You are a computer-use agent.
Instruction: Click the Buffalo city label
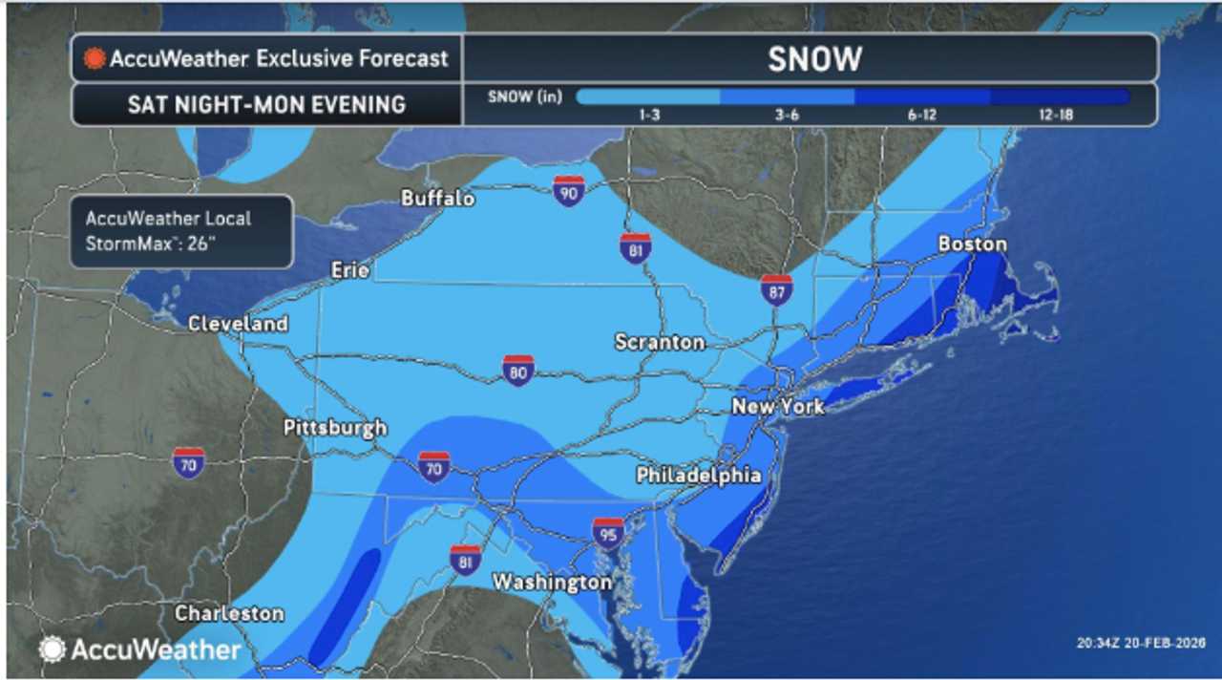pyautogui.click(x=438, y=199)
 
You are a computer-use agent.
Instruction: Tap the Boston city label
pyautogui.click(x=972, y=244)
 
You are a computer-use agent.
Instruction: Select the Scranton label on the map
pyautogui.click(x=660, y=342)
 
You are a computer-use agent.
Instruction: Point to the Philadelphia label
pyautogui.click(x=699, y=475)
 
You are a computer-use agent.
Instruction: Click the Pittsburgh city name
pyautogui.click(x=335, y=428)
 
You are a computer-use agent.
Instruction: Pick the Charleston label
pyautogui.click(x=229, y=613)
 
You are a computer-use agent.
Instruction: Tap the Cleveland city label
pyautogui.click(x=238, y=324)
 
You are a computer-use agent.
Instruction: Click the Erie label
pyautogui.click(x=349, y=270)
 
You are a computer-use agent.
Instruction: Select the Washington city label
pyautogui.click(x=552, y=582)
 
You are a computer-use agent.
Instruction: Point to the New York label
pyautogui.click(x=777, y=407)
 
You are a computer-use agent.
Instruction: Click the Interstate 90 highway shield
pyautogui.click(x=569, y=191)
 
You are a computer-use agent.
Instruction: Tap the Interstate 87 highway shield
pyautogui.click(x=777, y=289)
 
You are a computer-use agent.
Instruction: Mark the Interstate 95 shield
pyautogui.click(x=608, y=533)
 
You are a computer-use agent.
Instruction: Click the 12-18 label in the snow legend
pyautogui.click(x=1060, y=115)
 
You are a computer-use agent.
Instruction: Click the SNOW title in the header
pyautogui.click(x=814, y=59)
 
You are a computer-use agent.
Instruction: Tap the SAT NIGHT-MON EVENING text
pyautogui.click(x=266, y=104)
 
